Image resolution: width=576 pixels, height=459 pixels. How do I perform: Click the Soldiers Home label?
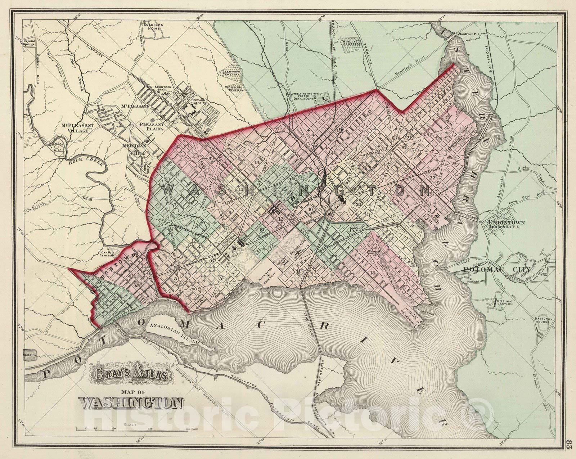(154, 27)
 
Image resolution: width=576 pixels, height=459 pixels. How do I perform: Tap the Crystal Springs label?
(30, 42)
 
